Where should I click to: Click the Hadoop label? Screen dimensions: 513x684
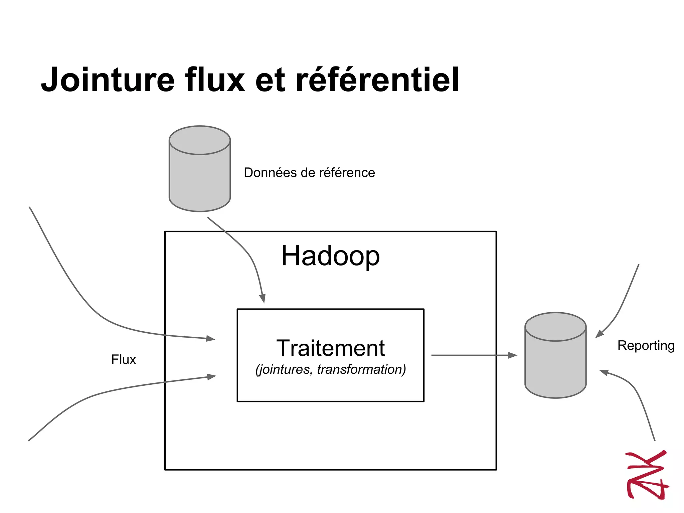(x=330, y=256)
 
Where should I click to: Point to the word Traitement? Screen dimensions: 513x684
(x=330, y=348)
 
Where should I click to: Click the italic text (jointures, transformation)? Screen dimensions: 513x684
(x=330, y=369)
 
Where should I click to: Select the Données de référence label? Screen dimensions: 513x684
(x=309, y=173)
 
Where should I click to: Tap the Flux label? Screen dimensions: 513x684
(x=124, y=360)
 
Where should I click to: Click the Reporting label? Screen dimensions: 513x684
(x=646, y=345)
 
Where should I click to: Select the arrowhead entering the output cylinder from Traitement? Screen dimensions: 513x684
(x=513, y=355)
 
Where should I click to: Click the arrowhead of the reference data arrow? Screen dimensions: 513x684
(x=263, y=298)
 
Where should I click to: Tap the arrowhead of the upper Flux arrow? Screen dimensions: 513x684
(x=210, y=338)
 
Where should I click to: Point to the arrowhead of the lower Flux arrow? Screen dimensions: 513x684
(x=211, y=377)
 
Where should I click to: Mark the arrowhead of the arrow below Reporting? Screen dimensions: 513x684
(x=604, y=372)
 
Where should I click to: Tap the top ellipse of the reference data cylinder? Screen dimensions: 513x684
(x=200, y=140)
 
